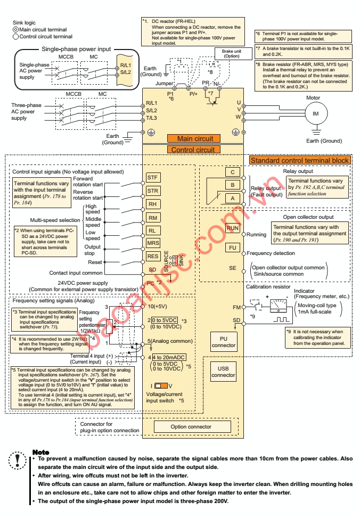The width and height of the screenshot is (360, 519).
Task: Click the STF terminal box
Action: point(153,177)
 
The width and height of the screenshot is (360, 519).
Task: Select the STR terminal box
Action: point(153,191)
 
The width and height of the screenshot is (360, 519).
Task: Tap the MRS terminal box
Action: point(153,243)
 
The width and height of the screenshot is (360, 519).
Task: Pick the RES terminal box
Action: point(153,256)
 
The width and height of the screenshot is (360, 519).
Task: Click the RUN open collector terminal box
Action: point(233,228)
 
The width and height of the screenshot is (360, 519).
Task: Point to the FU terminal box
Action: point(233,248)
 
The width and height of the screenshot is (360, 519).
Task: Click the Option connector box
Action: point(191,426)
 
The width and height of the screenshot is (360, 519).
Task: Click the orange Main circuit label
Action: point(191,138)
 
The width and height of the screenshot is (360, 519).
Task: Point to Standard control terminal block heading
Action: point(300,160)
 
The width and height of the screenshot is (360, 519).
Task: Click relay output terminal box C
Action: point(233,172)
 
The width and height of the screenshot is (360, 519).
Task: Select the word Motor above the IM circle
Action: point(314,98)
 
